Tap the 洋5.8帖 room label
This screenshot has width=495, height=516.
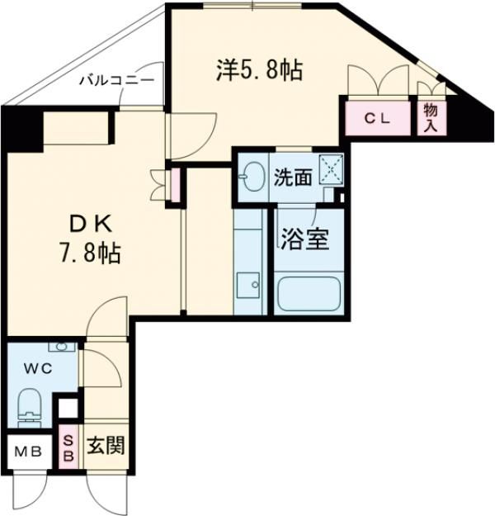pyautogui.click(x=258, y=71)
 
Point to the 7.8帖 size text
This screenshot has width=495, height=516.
pyautogui.click(x=90, y=253)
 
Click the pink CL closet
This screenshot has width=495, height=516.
pyautogui.click(x=379, y=118)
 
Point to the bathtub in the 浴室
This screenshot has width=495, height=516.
pyautogui.click(x=308, y=293)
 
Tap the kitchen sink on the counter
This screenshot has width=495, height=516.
pyautogui.click(x=247, y=286)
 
